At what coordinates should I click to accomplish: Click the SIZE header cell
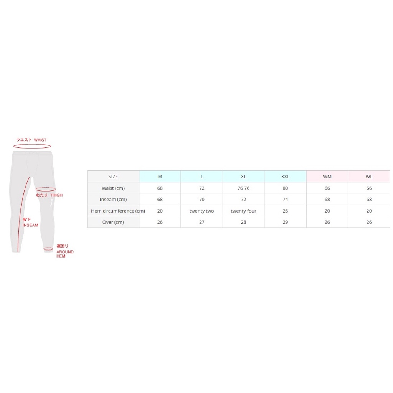pos(113,177)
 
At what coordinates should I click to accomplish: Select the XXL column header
pos(285,177)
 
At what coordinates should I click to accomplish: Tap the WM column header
pos(327,177)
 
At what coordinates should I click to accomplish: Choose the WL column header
pos(369,177)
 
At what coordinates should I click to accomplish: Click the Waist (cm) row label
pos(113,188)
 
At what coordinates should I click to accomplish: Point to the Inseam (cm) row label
pos(113,199)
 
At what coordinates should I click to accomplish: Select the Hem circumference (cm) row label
pos(118,211)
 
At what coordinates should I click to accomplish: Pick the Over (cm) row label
pos(113,222)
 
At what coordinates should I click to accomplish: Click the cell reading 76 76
pos(243,188)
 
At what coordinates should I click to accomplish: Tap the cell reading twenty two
pos(202,211)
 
